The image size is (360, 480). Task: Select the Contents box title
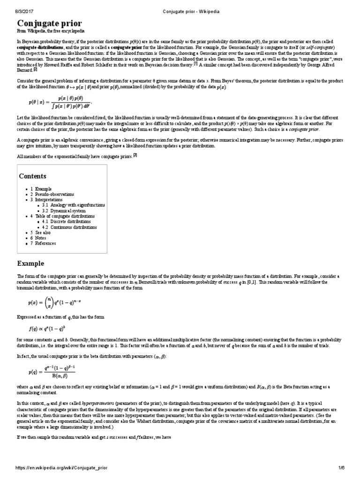[32, 176]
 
